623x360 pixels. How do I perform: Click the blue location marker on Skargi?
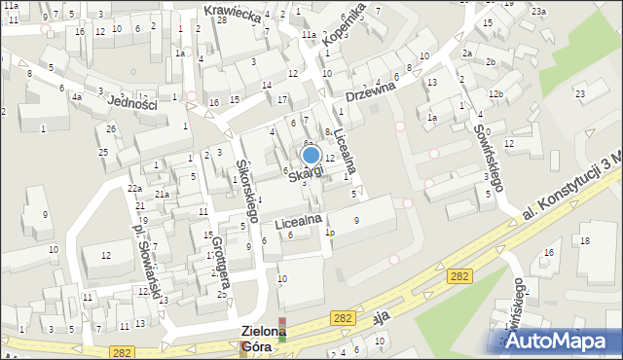coord(311,155)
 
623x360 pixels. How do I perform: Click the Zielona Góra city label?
coord(264,338)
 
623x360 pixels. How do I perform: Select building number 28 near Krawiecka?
coord(222,19)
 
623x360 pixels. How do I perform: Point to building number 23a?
coord(538,11)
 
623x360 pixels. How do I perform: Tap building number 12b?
coord(495,93)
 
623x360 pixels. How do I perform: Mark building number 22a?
coord(134,188)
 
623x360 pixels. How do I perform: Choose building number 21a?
coord(163,195)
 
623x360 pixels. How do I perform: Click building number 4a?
coord(76,96)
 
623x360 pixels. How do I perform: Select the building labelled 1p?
coord(331,233)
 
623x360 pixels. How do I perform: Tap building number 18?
coord(584,239)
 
